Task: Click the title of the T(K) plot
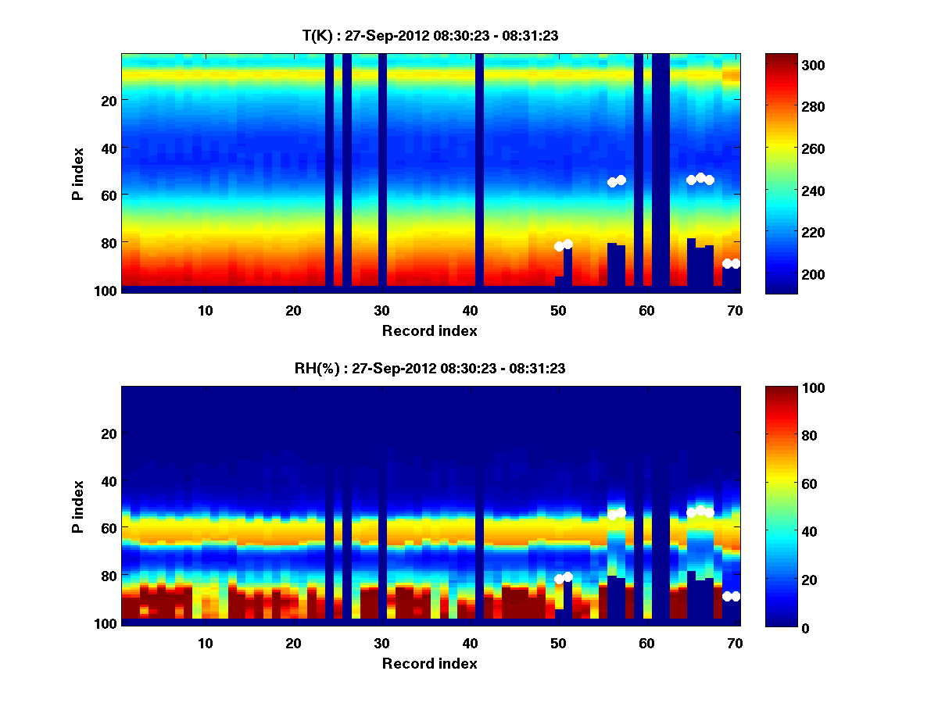coord(430,35)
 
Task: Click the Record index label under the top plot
coord(430,331)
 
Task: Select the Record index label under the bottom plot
coord(430,664)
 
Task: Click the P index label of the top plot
coord(78,173)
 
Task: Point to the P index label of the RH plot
coord(78,506)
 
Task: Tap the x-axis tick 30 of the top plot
coord(381,310)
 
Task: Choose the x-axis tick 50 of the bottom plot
coord(558,644)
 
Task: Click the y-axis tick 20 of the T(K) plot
coord(108,101)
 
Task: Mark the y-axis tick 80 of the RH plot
coord(108,576)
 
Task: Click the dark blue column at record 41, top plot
coord(479,172)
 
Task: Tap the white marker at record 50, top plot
coord(560,246)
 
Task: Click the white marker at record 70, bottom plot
coord(736,596)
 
